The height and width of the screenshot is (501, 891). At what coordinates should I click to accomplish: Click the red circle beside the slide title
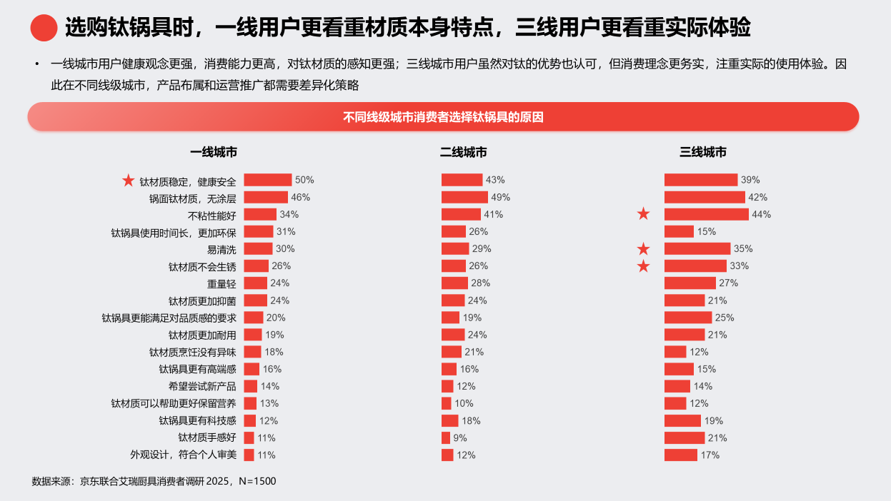pyautogui.click(x=44, y=28)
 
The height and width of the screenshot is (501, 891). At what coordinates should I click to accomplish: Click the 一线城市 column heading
pyautogui.click(x=214, y=152)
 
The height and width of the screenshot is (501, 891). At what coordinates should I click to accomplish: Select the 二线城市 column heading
pyautogui.click(x=464, y=152)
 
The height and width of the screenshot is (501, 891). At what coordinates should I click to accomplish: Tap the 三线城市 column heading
pyautogui.click(x=703, y=152)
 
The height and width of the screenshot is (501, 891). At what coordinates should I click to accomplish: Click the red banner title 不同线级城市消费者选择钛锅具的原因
pyautogui.click(x=443, y=117)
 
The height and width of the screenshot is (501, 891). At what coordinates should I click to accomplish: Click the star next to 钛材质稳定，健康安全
pyautogui.click(x=129, y=181)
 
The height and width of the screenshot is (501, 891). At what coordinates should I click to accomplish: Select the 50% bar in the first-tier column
pyautogui.click(x=268, y=180)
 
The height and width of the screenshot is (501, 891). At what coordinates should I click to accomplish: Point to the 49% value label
pyautogui.click(x=501, y=197)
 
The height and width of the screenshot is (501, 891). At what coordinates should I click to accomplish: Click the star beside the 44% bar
pyautogui.click(x=644, y=214)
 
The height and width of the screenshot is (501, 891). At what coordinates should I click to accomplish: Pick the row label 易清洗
pyautogui.click(x=221, y=249)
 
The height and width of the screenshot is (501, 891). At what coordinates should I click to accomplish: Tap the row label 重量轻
pyautogui.click(x=221, y=283)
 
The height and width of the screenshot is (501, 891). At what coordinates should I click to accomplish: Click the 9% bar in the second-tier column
pyautogui.click(x=446, y=438)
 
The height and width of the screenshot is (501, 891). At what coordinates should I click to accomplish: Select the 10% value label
pyautogui.click(x=463, y=403)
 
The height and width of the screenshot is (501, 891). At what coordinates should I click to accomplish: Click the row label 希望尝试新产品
pyautogui.click(x=202, y=386)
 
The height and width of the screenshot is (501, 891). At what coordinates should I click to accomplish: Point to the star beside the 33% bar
pyautogui.click(x=644, y=266)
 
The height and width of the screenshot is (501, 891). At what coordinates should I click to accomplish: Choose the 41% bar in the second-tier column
pyautogui.click(x=461, y=214)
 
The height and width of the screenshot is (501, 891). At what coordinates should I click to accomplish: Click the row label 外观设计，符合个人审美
pyautogui.click(x=183, y=455)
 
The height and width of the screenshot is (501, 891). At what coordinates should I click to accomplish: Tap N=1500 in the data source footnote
pyautogui.click(x=257, y=482)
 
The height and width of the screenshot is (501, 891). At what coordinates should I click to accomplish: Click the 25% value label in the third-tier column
pyautogui.click(x=725, y=318)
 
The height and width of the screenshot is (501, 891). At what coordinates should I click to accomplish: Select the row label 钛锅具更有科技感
pyautogui.click(x=197, y=421)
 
